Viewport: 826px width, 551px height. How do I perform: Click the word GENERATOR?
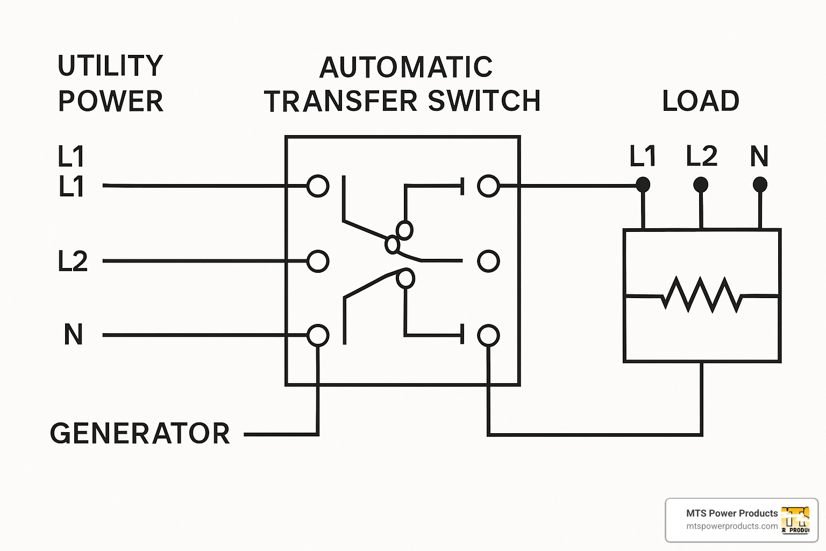click(x=140, y=434)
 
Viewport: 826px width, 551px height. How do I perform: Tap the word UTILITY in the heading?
click(x=110, y=66)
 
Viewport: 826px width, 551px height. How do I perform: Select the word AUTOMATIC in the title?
click(x=406, y=68)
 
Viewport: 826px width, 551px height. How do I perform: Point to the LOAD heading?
click(x=701, y=101)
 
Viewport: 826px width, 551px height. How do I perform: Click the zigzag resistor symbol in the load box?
click(x=702, y=295)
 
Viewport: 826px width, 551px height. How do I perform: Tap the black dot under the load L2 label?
click(x=701, y=185)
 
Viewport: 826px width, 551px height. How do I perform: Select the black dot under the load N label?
click(x=760, y=185)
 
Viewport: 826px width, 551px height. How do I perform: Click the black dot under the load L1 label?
click(x=643, y=185)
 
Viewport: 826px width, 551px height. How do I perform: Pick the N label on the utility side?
click(x=73, y=335)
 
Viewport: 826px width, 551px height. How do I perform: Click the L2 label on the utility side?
click(x=73, y=262)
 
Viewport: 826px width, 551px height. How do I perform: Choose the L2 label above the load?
click(x=702, y=156)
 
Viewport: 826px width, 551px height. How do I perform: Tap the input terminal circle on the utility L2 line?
click(x=318, y=262)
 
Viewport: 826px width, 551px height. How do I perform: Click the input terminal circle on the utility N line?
click(x=318, y=335)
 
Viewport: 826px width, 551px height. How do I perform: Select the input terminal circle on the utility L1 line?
click(x=318, y=186)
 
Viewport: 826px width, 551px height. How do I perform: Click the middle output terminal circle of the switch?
click(x=488, y=262)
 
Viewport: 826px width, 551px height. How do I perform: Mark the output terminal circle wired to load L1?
click(x=488, y=186)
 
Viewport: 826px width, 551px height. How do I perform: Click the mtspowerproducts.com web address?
click(x=732, y=526)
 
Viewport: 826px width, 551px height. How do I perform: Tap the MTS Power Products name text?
click(x=732, y=513)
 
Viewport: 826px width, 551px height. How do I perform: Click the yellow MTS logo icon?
click(x=795, y=520)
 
